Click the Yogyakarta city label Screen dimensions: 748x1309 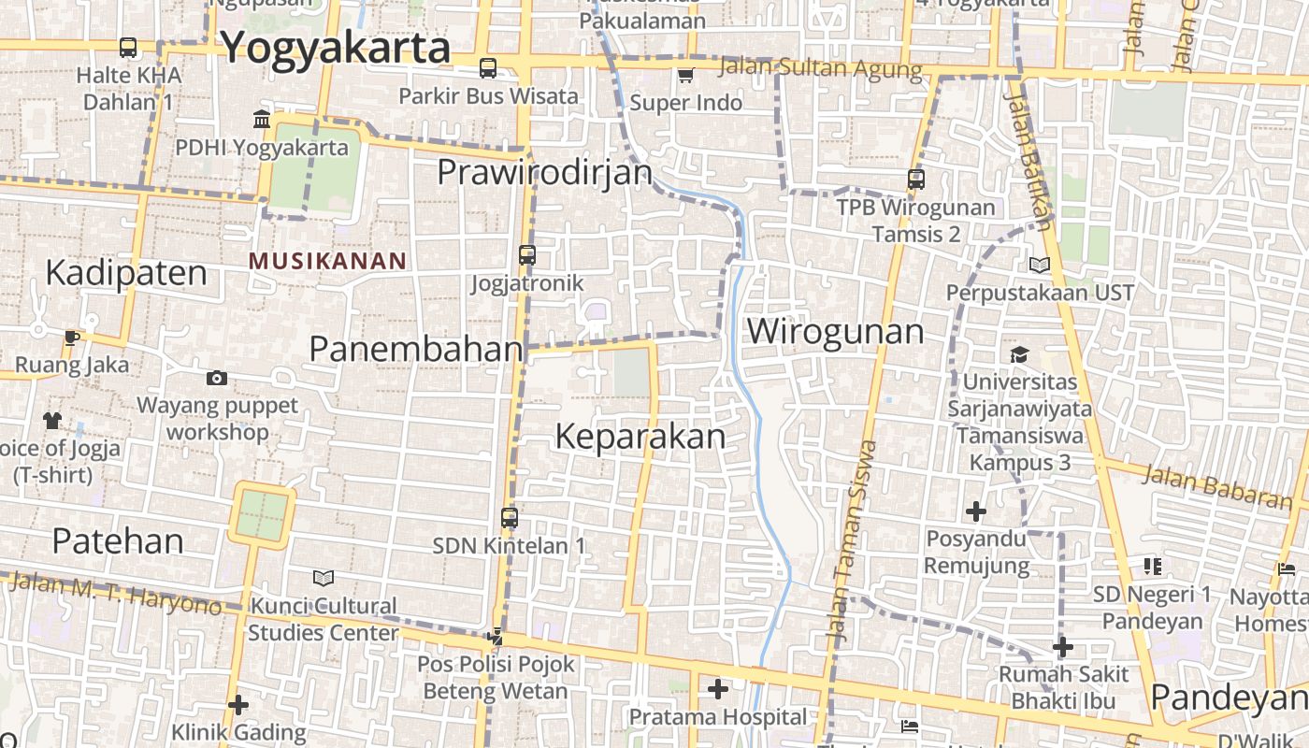(336, 47)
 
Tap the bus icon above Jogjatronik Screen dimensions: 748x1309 (527, 254)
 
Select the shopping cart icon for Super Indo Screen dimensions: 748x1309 (686, 75)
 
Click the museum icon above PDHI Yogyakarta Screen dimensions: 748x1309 (262, 119)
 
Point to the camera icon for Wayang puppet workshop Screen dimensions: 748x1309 (217, 378)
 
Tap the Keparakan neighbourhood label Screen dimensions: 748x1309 (640, 437)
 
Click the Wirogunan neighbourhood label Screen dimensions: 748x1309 (835, 331)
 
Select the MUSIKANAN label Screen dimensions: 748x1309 (327, 261)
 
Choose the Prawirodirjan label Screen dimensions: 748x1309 (544, 172)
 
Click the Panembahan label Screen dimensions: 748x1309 (416, 349)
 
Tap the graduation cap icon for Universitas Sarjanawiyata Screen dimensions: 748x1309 (1019, 354)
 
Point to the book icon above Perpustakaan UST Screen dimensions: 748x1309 (1040, 265)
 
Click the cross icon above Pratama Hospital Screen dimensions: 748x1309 (717, 689)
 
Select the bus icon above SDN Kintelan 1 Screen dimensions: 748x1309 (510, 517)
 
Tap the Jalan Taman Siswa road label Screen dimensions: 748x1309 (851, 542)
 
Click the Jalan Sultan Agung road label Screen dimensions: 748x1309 (821, 68)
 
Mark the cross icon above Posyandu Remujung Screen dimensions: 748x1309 (976, 511)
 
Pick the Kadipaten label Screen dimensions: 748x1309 (126, 273)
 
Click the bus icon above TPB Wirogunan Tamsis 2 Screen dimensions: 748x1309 (916, 179)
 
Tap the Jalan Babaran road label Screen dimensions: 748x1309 (1218, 488)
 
